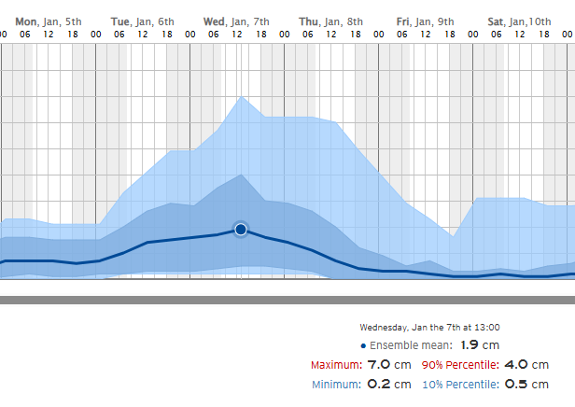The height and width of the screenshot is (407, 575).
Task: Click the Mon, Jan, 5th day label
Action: coord(48,21)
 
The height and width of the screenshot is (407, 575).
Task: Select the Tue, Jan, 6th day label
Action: coord(142,21)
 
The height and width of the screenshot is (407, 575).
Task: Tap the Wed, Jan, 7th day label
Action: coord(236,21)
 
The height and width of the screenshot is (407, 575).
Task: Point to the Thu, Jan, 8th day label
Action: coord(330,21)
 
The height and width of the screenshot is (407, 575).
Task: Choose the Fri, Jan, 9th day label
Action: coord(425,21)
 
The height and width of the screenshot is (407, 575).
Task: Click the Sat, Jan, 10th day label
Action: coord(519,21)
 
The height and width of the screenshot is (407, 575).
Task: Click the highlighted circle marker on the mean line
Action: coord(241,229)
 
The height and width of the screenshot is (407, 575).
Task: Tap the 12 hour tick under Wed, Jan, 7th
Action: coord(237,35)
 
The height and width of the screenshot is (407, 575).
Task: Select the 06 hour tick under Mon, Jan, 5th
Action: coord(25,35)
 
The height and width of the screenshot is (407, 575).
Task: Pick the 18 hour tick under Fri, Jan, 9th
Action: coord(449,35)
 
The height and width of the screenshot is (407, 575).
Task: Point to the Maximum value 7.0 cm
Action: coord(389,365)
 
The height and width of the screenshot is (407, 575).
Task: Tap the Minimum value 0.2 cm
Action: coord(389,384)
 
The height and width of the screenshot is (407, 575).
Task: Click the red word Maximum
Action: coord(334,365)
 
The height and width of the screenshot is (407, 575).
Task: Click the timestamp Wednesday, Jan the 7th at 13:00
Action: coord(429,328)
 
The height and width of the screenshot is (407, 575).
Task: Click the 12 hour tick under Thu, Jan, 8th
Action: coord(331,35)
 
